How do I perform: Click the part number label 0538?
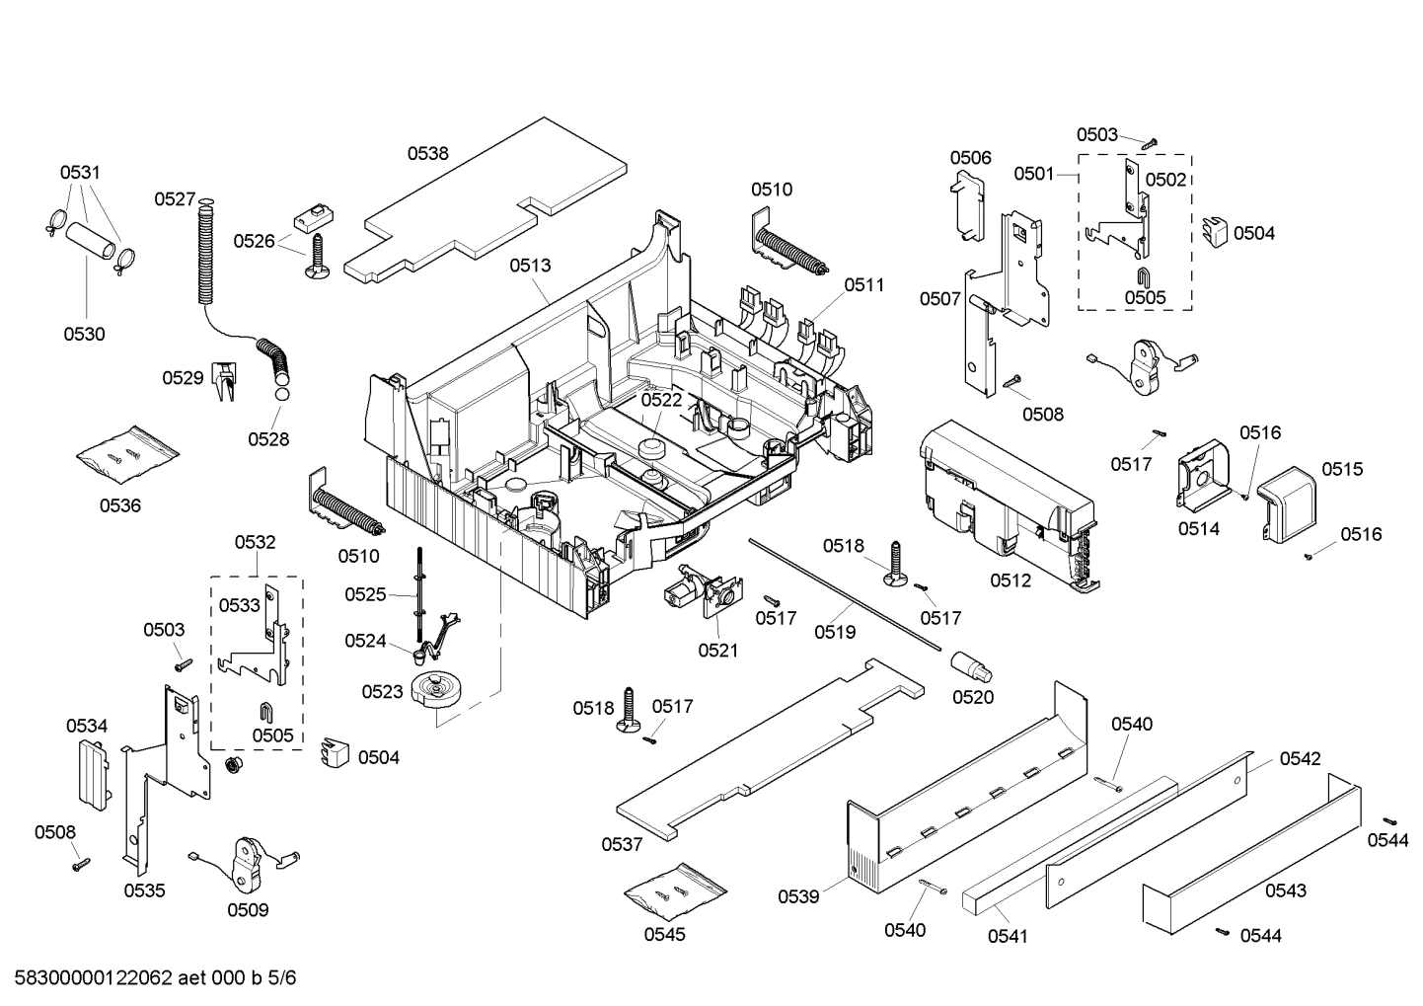[427, 153]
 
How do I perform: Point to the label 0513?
[530, 265]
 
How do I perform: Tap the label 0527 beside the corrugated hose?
[175, 199]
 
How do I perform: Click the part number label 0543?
[1285, 890]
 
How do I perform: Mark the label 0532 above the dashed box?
[255, 542]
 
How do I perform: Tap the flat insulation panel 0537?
[770, 750]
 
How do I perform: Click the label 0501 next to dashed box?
[1033, 174]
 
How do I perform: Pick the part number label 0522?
[661, 400]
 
